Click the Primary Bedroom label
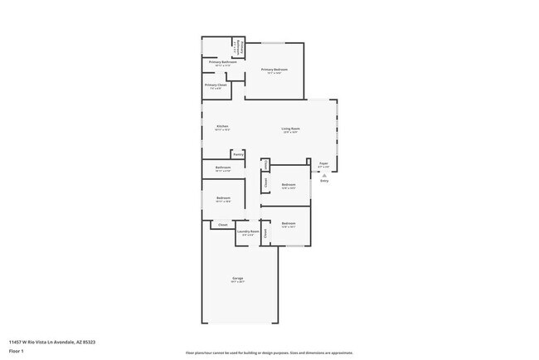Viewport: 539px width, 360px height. pos(275,69)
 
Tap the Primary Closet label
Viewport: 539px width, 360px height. pos(216,85)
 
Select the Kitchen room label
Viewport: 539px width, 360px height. pos(222,126)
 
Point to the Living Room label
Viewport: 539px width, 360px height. pos(290,129)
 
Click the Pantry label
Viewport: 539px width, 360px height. pos(238,153)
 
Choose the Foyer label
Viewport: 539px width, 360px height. pos(324,163)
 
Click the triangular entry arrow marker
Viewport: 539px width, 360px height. pos(324,176)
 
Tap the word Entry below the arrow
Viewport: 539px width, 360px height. pos(324,182)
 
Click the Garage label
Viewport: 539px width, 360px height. pos(238,278)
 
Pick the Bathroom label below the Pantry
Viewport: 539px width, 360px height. pos(223,168)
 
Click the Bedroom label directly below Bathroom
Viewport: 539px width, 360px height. pos(223,197)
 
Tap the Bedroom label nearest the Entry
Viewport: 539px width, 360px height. pos(289,184)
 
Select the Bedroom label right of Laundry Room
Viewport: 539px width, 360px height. pos(289,223)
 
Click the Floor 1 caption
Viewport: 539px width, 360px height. pos(16,350)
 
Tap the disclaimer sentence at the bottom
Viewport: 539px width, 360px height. pos(269,353)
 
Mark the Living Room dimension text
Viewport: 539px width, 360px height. pos(290,133)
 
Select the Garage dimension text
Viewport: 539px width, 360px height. pos(238,282)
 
